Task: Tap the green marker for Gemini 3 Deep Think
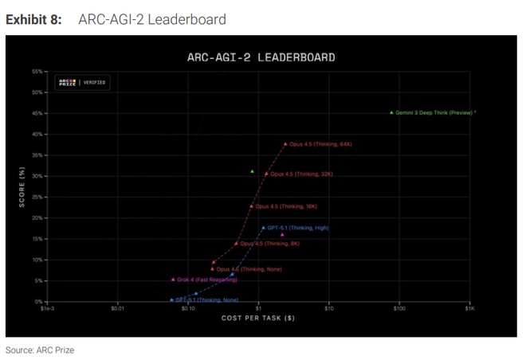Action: tap(391, 113)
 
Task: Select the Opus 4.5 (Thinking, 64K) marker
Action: tap(285, 144)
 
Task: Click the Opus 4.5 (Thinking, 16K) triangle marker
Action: tap(251, 206)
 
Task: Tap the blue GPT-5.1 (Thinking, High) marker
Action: tap(263, 229)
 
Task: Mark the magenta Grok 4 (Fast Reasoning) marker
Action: tap(173, 280)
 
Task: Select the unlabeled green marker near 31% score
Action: tap(252, 171)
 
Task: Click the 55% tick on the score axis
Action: tap(37, 72)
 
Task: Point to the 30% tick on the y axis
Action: tap(37, 176)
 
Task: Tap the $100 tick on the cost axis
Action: tap(398, 309)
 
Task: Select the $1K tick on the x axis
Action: tap(469, 309)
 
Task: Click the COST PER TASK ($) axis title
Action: tap(257, 318)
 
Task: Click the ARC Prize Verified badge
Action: tap(81, 82)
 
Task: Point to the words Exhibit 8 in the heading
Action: tap(33, 19)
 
